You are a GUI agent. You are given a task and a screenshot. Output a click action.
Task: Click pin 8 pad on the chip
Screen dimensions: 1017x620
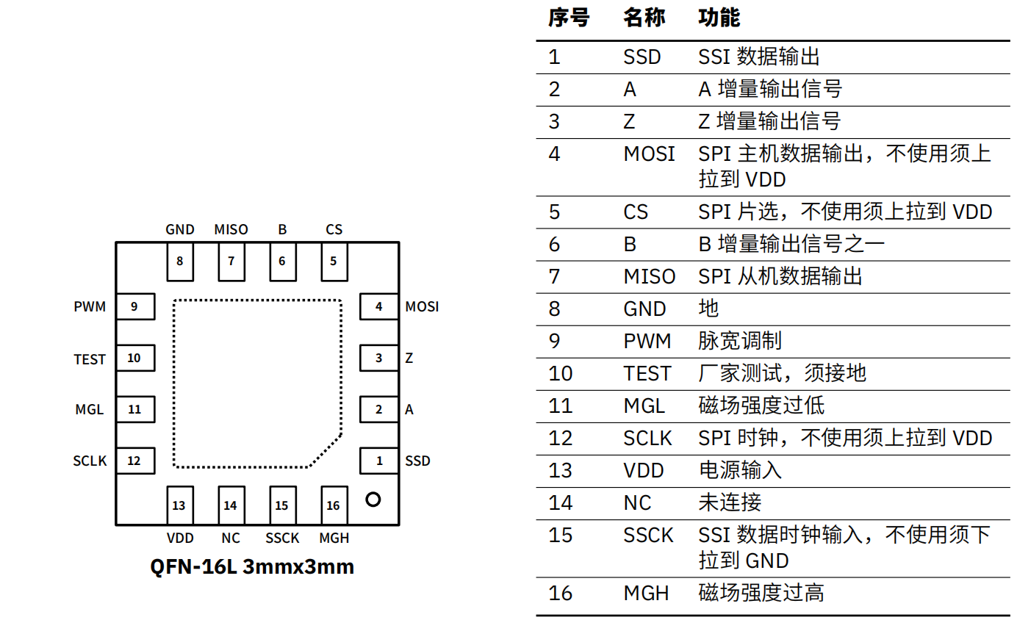(180, 262)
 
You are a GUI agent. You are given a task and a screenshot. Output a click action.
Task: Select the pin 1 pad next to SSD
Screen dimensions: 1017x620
(379, 461)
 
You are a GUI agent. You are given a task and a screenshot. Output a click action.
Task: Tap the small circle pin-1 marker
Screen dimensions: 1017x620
(373, 500)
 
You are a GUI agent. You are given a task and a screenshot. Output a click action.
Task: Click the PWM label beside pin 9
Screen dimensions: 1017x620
(90, 307)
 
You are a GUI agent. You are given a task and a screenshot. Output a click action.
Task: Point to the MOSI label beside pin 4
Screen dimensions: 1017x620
(422, 307)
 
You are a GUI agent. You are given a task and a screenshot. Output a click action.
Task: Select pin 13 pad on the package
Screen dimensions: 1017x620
(180, 505)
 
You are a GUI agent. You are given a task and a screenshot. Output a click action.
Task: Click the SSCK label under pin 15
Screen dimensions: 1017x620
(282, 538)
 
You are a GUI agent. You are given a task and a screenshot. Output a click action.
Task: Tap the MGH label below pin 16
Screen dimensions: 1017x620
(334, 538)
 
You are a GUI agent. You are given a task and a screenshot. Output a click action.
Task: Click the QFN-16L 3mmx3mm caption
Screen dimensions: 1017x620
(252, 567)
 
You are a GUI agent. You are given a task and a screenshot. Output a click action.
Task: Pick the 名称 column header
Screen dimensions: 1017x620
(644, 18)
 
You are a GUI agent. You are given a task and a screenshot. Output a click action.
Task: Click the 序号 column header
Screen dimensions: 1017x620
(569, 18)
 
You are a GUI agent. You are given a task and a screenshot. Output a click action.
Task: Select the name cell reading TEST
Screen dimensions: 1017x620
(647, 374)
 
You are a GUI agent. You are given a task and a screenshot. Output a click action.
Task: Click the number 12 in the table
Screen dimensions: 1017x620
(560, 439)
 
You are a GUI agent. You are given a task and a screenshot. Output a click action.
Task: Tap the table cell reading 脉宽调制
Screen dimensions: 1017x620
(740, 341)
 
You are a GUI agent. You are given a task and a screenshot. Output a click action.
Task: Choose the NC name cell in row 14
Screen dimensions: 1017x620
(637, 503)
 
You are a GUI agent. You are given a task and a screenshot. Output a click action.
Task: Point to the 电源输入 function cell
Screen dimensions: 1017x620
(740, 470)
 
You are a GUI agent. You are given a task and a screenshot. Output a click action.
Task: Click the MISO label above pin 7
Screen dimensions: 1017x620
(231, 230)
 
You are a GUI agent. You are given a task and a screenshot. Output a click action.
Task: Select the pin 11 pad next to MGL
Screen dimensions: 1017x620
(135, 409)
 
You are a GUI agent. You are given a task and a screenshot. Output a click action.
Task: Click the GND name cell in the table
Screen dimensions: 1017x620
(644, 309)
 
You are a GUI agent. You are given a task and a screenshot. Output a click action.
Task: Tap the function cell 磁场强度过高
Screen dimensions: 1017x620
(761, 593)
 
